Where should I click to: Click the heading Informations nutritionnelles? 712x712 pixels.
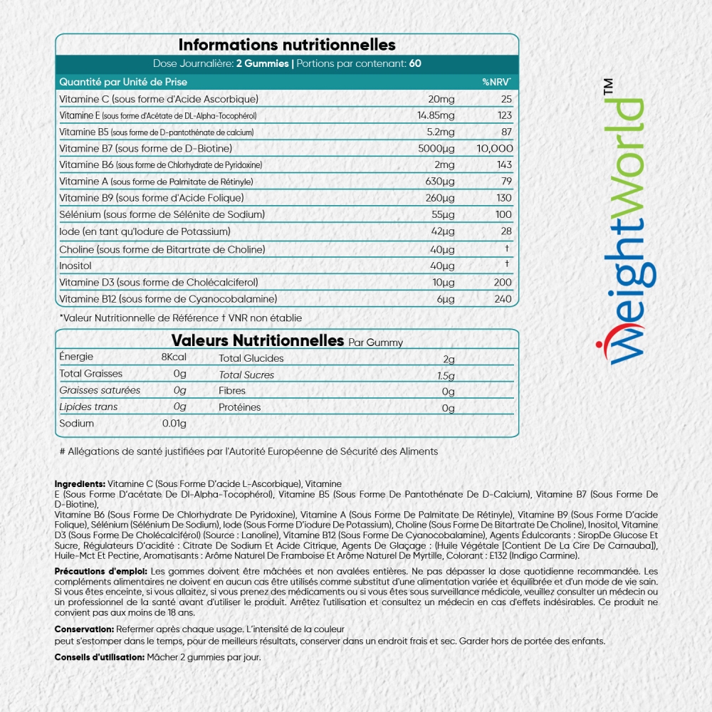(x=287, y=45)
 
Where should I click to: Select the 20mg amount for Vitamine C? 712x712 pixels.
(x=441, y=99)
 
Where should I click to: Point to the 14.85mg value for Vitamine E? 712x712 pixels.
(x=435, y=115)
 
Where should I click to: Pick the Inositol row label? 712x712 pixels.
(x=76, y=266)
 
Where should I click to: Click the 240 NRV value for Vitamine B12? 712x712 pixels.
(x=503, y=299)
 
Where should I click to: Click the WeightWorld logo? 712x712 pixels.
(x=619, y=228)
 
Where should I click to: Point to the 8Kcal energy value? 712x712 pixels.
(x=174, y=357)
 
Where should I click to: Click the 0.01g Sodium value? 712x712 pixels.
(x=174, y=424)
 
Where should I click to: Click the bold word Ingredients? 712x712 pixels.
(x=80, y=483)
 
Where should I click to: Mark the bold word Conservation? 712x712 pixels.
(x=84, y=629)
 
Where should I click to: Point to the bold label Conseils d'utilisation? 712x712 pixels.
(x=99, y=657)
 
